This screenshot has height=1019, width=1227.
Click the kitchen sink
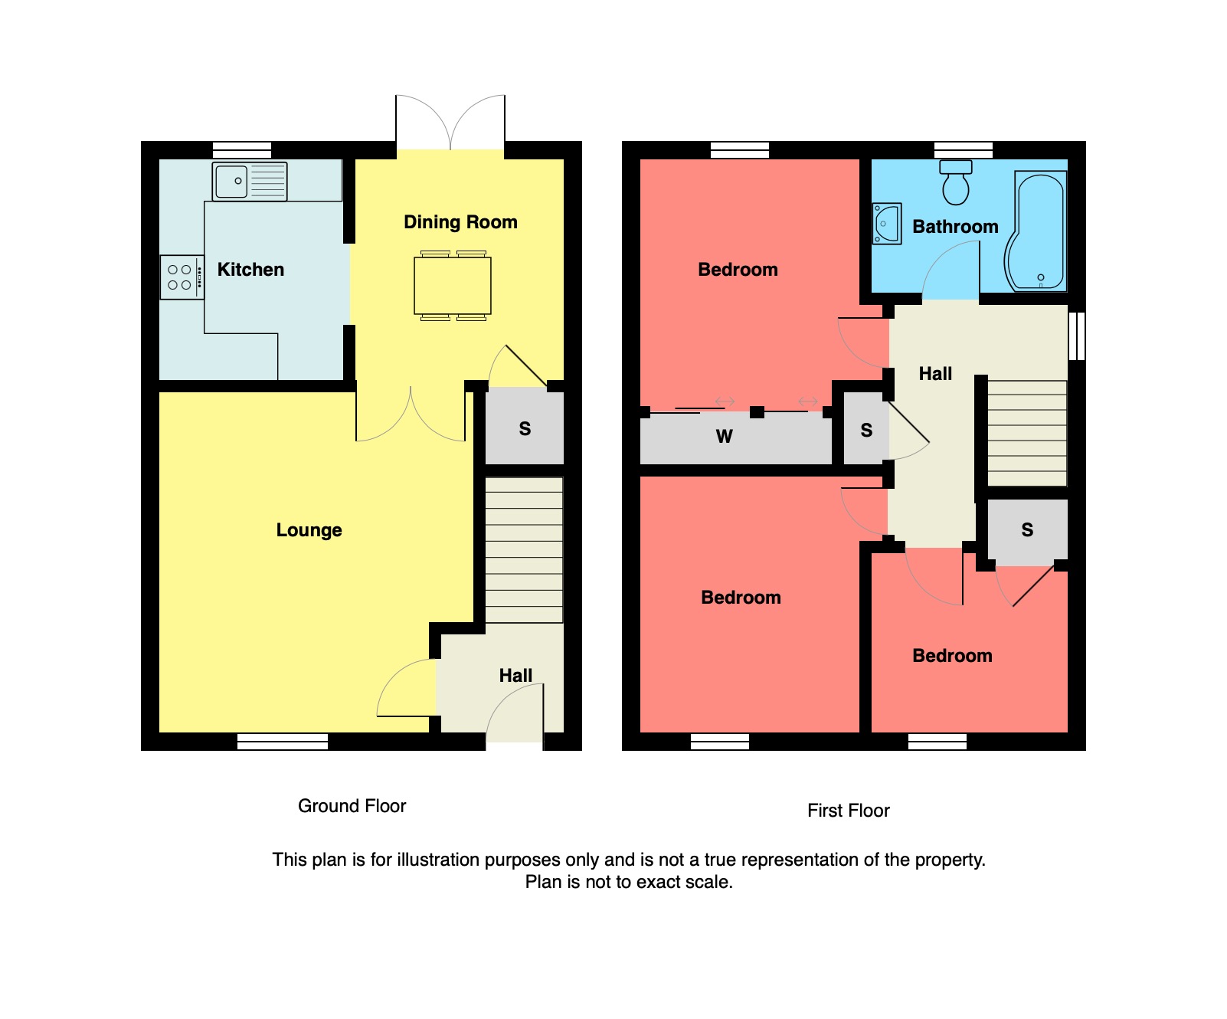pos(249,182)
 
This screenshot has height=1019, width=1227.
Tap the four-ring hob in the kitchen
pos(182,277)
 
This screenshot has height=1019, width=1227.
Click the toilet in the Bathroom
pos(956,183)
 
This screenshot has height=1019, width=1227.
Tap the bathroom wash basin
pos(887,224)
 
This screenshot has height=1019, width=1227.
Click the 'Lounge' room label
pos(309,530)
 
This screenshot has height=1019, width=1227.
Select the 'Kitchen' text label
pos(250,270)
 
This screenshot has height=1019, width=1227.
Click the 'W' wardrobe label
pos(724,437)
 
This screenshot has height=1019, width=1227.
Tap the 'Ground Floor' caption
pos(352,806)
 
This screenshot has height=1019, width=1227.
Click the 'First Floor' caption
pos(848,811)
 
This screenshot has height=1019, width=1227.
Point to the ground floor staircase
pos(524,549)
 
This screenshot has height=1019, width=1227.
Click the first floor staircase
pos(1027,433)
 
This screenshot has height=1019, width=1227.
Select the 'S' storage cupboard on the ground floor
pos(525,429)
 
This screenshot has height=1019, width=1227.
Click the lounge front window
pos(283,741)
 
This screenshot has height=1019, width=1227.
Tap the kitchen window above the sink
pos(242,149)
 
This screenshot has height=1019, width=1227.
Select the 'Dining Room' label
pos(460,222)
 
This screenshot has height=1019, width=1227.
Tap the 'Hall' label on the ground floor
pos(515,676)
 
